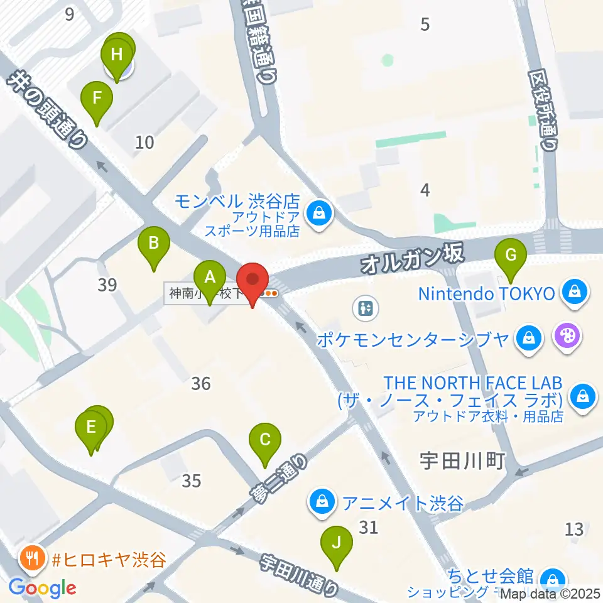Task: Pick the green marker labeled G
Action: (511, 256)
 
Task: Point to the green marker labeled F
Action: (97, 99)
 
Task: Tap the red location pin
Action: (253, 281)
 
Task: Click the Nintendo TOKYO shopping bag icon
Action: (574, 292)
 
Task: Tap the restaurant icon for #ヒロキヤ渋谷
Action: (31, 557)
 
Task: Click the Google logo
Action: (43, 589)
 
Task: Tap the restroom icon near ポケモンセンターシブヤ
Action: (364, 308)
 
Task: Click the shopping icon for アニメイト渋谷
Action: (322, 502)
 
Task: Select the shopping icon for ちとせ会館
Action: (553, 579)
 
